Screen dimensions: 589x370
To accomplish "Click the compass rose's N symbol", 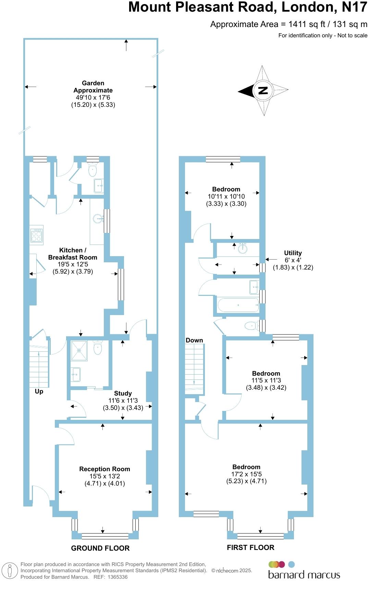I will (x=263, y=90).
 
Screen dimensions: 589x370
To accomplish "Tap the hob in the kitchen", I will (x=36, y=235).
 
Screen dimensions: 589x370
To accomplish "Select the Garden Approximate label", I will (x=93, y=87).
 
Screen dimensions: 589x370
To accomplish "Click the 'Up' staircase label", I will (x=39, y=391).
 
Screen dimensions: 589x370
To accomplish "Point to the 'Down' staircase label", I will (x=194, y=340).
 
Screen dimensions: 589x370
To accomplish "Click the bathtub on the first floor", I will (x=238, y=305).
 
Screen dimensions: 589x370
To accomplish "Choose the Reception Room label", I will (x=104, y=469).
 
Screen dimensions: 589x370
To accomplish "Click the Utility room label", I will (x=293, y=253).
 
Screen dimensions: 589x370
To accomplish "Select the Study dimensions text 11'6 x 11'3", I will (x=123, y=401).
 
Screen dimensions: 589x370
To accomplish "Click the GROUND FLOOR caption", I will (x=100, y=548).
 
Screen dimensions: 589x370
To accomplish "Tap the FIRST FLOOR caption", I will (x=250, y=547).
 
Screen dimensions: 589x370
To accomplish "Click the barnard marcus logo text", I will (x=304, y=575).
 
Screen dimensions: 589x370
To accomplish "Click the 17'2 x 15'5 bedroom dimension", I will (x=246, y=474).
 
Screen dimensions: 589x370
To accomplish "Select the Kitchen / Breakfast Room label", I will (x=73, y=254).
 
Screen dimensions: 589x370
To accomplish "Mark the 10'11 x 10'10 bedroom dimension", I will (x=226, y=197).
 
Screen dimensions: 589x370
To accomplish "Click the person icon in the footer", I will (x=10, y=571).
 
